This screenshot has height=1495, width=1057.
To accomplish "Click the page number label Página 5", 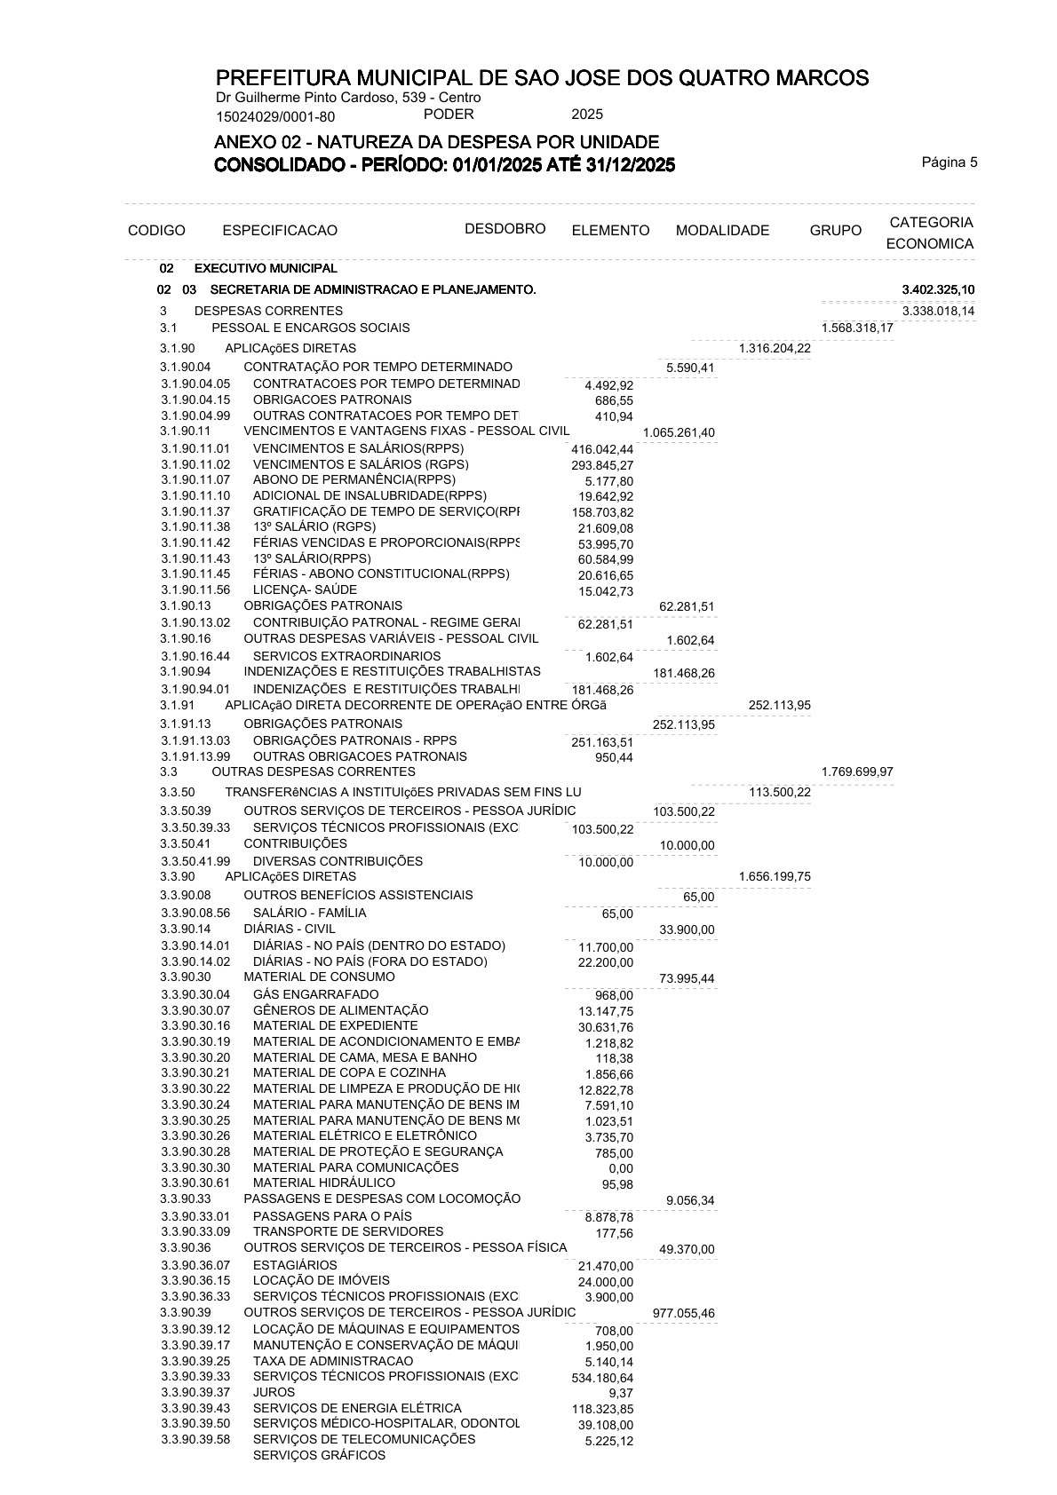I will (949, 162).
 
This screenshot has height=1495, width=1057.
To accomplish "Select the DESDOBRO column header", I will (505, 229).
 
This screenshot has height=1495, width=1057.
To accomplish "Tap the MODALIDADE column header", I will (722, 231).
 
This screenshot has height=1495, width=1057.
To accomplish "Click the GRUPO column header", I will (835, 231).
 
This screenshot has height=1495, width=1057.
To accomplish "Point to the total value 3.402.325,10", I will (938, 290).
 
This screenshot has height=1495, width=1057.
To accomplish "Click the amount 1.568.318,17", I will (857, 328).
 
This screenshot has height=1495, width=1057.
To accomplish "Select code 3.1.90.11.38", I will (195, 526).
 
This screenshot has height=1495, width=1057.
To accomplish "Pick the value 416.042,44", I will (602, 450).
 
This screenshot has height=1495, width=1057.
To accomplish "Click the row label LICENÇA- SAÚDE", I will (305, 589).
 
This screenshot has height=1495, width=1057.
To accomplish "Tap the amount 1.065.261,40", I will (679, 433).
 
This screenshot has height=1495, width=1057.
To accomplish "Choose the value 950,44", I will (614, 757).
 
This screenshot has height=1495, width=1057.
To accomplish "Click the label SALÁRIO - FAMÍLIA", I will (309, 913).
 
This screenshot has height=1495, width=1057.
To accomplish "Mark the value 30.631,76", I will (606, 1027).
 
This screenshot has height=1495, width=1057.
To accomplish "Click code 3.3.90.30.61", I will (195, 1183).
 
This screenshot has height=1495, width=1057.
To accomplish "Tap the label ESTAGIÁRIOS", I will (295, 1265).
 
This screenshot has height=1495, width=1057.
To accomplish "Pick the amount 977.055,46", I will (683, 1314).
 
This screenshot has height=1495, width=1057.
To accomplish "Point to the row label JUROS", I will (274, 1392).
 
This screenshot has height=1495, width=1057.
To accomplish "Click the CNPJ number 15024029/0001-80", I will (275, 116).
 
